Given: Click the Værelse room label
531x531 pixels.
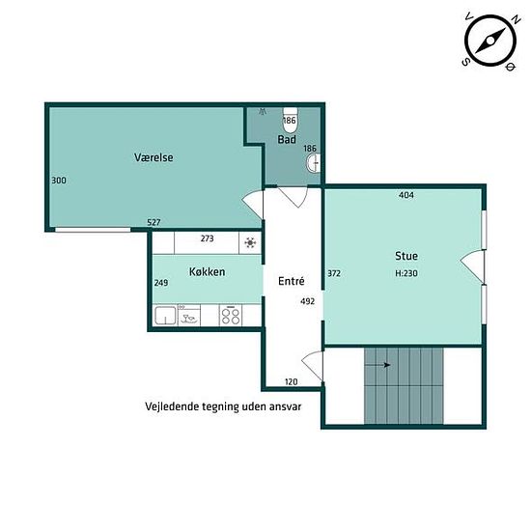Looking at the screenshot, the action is click(154, 157).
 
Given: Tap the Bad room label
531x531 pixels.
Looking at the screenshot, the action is click(287, 140).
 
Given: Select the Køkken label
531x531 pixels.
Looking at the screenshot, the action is click(207, 272).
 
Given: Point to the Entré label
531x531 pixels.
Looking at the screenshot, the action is click(292, 281).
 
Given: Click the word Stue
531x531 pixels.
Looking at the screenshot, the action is click(406, 256).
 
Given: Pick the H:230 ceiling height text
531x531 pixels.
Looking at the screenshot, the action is click(406, 273).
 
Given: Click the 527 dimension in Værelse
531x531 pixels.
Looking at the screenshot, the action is click(154, 222).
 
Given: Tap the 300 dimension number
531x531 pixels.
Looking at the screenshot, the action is click(59, 181).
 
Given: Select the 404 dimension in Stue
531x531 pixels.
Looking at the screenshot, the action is click(406, 195).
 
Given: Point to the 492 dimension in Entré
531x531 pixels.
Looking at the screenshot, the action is click(307, 301).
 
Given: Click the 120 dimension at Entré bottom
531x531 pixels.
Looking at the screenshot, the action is click(292, 382).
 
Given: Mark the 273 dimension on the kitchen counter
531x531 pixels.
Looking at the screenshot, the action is click(207, 238).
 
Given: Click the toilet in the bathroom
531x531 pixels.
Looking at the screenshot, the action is click(290, 121).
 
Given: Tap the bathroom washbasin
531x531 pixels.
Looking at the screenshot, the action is click(314, 163).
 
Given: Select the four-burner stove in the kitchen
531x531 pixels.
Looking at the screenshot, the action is click(231, 315).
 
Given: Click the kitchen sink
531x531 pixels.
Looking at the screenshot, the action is click(165, 316).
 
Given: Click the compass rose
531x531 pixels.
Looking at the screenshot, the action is click(490, 40).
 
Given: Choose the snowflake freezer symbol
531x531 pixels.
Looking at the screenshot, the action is click(250, 242).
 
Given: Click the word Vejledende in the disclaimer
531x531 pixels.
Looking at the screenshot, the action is click(171, 406).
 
